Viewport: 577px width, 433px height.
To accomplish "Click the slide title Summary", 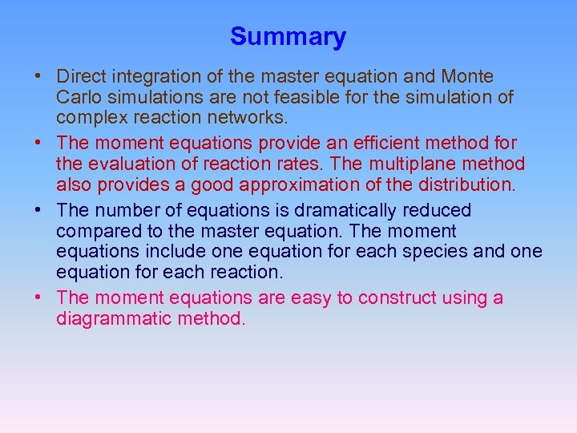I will click(288, 37).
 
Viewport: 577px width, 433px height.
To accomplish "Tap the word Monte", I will click(468, 77).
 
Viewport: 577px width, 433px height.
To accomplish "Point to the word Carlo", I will click(79, 98).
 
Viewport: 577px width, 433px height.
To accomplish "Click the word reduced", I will click(442, 211).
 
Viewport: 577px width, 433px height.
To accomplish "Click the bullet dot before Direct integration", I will click(38, 78).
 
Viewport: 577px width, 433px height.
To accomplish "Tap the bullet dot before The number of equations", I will click(38, 212).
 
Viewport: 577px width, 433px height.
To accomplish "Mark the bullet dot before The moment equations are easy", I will click(38, 299).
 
